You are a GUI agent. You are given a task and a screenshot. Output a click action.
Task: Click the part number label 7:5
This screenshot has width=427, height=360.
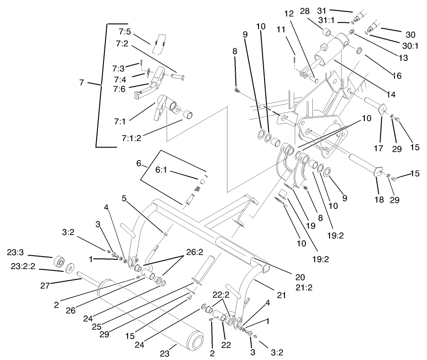tap(125, 32)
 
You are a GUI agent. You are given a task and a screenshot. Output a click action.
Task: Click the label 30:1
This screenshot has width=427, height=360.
tap(410, 45)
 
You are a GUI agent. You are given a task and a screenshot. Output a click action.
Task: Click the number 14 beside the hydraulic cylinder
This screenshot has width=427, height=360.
tap(390, 94)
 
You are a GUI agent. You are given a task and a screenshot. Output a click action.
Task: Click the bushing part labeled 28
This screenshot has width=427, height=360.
tap(326, 32)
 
